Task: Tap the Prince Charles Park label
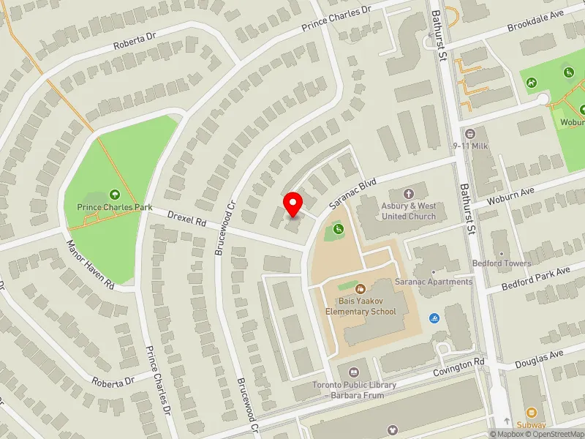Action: (115, 207)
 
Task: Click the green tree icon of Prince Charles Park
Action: (115, 195)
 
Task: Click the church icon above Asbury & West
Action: (409, 195)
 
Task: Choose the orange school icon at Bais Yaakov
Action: (361, 290)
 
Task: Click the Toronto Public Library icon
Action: (354, 373)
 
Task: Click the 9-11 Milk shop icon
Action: (470, 135)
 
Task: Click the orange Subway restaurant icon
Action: (532, 413)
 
